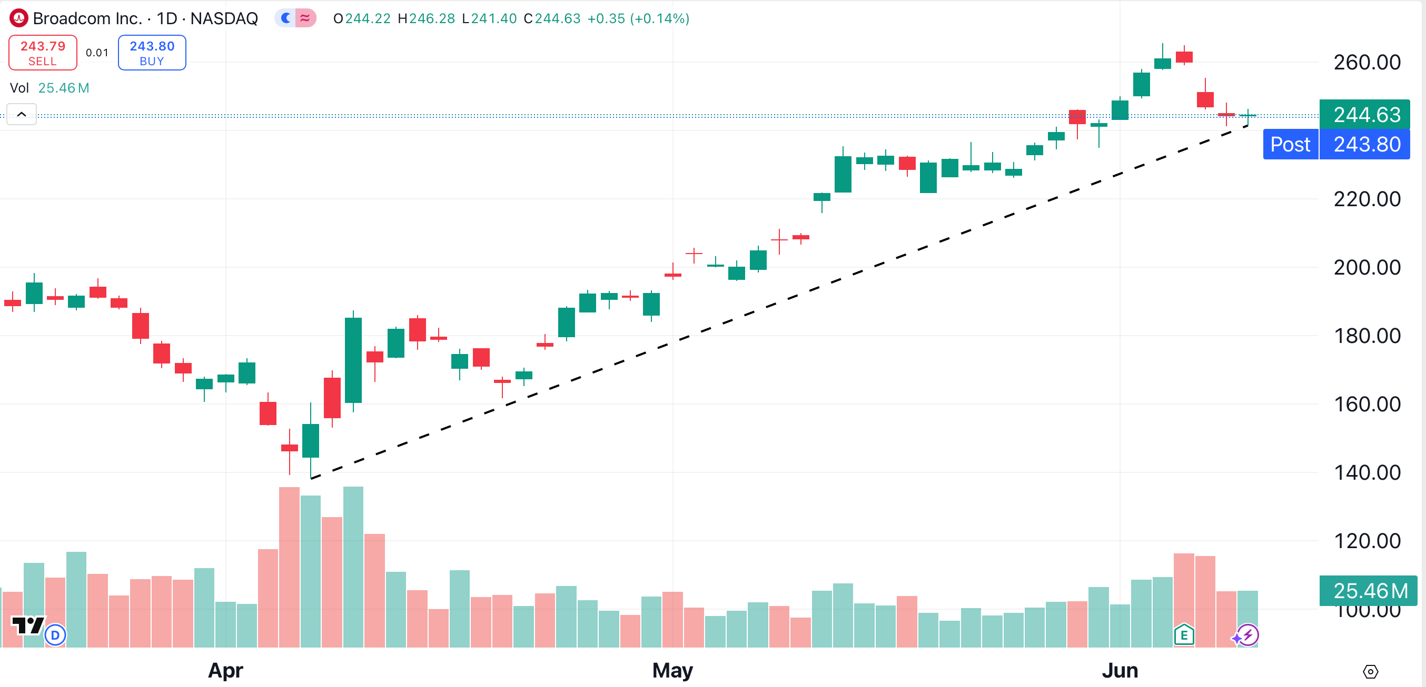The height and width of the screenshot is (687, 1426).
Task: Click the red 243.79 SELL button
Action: point(43,53)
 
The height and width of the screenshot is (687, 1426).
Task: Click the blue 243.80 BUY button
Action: point(152,53)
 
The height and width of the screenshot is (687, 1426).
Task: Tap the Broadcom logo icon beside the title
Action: point(19,18)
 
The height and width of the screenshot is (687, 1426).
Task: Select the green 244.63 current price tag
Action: point(1365,115)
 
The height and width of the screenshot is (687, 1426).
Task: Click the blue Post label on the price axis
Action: point(1290,144)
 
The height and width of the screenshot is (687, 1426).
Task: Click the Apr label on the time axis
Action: point(225,670)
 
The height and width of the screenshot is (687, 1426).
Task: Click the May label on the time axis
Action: point(672,670)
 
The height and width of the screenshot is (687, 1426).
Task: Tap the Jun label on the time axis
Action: point(1120,670)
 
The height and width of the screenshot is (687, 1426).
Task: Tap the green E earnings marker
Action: point(1184,635)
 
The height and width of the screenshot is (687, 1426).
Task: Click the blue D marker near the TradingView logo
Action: point(55,635)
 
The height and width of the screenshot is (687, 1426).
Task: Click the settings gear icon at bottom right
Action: point(1370,672)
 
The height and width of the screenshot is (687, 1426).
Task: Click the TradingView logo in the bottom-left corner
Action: point(28,626)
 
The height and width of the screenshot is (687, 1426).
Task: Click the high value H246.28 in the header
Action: point(426,19)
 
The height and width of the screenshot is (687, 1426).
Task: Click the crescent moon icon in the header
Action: point(285,18)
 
